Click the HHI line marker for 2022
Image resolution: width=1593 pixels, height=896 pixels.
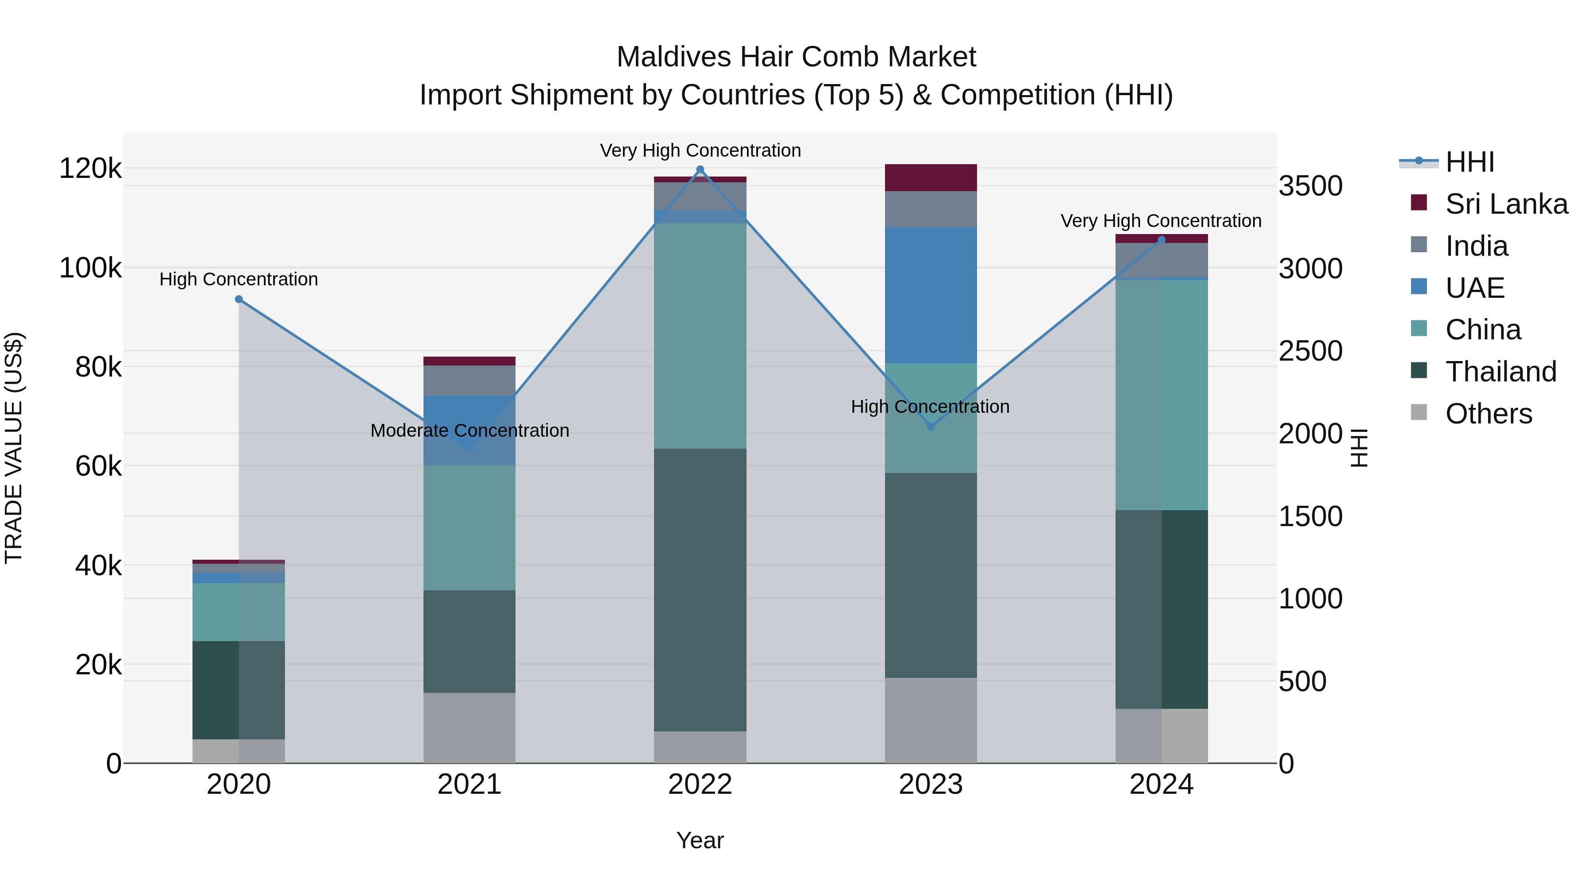(x=700, y=169)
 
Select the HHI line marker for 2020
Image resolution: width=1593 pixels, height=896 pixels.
(x=239, y=299)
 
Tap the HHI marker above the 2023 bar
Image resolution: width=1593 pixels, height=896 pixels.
(x=931, y=427)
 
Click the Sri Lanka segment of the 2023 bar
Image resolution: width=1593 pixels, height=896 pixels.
(x=931, y=178)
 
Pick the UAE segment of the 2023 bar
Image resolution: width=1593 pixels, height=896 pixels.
(x=931, y=295)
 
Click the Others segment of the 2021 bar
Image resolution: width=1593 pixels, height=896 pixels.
(x=469, y=728)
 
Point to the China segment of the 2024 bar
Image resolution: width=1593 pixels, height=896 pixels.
(x=1162, y=395)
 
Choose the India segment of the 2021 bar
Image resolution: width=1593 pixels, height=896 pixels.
(x=469, y=380)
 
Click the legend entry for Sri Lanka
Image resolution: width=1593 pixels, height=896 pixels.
(x=1505, y=204)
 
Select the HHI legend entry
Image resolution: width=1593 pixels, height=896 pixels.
(x=1469, y=162)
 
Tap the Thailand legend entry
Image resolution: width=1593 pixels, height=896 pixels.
(x=1500, y=372)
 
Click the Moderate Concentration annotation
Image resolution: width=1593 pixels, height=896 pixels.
(x=469, y=431)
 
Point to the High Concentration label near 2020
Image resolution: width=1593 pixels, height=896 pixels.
(x=239, y=280)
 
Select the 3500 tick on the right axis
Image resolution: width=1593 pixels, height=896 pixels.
(x=1310, y=186)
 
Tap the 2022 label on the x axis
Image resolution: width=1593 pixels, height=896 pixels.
(x=700, y=784)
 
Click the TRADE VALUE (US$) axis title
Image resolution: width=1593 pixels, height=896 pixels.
(x=14, y=448)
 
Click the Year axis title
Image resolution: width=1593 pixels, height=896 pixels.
(x=700, y=840)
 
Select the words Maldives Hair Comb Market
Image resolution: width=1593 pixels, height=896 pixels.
(x=796, y=57)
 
